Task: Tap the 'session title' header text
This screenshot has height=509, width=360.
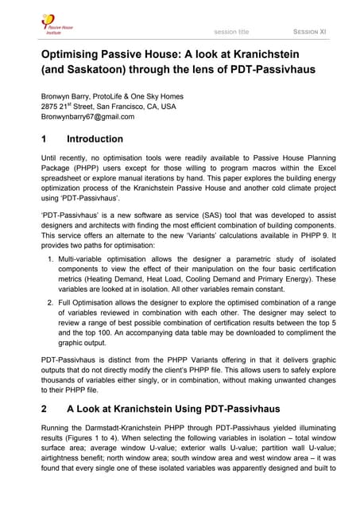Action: pos(231,32)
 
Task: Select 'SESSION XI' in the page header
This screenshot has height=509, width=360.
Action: pos(310,32)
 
